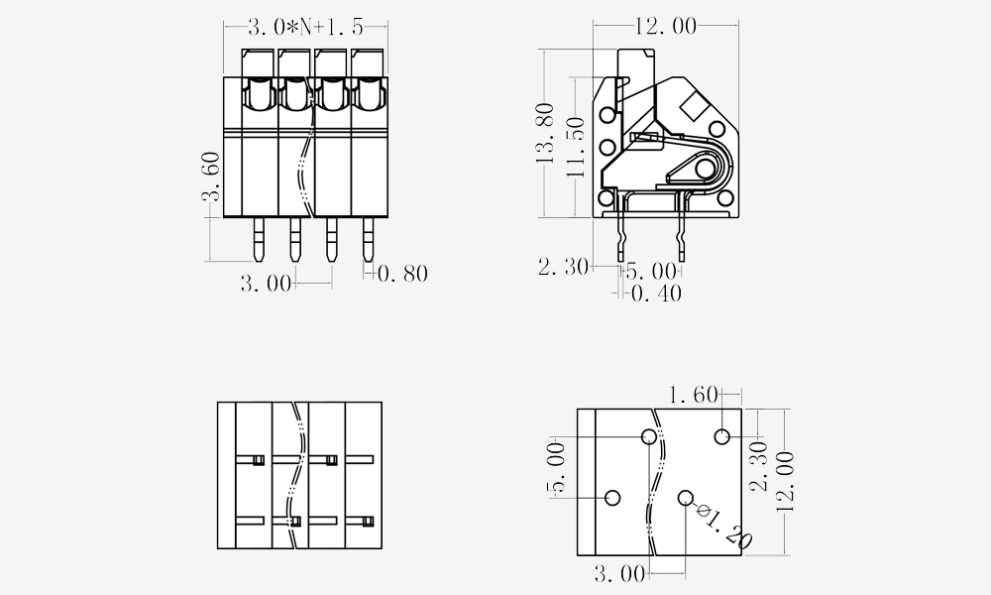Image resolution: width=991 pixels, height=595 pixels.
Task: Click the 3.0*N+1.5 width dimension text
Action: (306, 27)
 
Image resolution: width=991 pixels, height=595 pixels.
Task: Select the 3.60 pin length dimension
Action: (211, 177)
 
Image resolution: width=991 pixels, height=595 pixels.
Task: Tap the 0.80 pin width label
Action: (402, 274)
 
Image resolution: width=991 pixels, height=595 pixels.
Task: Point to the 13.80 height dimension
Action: (545, 133)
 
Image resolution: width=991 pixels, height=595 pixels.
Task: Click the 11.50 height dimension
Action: (576, 148)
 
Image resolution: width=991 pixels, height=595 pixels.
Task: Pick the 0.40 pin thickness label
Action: (657, 294)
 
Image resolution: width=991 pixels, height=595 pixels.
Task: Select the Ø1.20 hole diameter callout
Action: (724, 526)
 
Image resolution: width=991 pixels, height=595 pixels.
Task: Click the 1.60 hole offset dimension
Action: (694, 396)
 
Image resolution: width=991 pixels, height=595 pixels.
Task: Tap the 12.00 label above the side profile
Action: (666, 26)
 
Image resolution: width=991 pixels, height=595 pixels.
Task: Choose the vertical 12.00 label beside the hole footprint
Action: (784, 481)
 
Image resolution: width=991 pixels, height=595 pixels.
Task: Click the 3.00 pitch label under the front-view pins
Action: (266, 284)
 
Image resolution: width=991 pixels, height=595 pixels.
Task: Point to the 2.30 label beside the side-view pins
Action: (563, 267)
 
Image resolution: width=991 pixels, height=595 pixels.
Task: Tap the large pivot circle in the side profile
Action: (705, 169)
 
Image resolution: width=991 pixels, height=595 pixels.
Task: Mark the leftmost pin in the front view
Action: (259, 240)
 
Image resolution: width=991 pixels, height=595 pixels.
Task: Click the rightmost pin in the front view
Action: (368, 240)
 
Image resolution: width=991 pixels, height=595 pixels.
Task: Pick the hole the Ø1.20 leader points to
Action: (686, 498)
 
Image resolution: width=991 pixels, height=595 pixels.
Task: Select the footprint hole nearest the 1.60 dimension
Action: (722, 436)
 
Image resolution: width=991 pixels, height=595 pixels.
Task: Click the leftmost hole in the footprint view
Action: (612, 498)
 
